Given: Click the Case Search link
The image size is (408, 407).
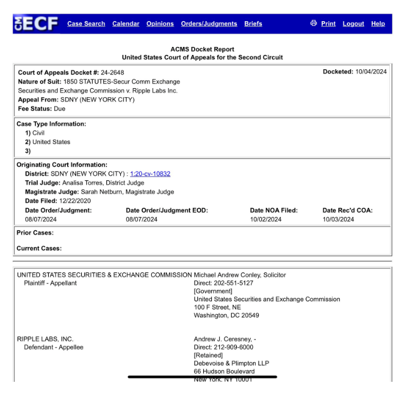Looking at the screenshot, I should pyautogui.click(x=86, y=24).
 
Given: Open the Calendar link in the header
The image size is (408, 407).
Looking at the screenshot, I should pyautogui.click(x=125, y=24).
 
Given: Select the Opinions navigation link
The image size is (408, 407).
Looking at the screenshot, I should pyautogui.click(x=160, y=24).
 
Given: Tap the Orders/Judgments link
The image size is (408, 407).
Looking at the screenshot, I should pyautogui.click(x=209, y=24).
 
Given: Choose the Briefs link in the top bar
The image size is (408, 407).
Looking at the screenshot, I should pyautogui.click(x=253, y=24).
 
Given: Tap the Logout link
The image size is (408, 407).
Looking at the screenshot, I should pyautogui.click(x=353, y=24).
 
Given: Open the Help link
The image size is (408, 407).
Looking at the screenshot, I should pyautogui.click(x=378, y=24).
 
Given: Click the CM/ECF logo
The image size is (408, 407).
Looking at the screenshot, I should pyautogui.click(x=36, y=24).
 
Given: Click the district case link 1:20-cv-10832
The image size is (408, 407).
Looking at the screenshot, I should pyautogui.click(x=150, y=173).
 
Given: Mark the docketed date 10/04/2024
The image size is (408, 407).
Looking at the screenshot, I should pyautogui.click(x=371, y=72).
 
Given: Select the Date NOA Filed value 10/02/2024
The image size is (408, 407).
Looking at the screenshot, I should pyautogui.click(x=266, y=219).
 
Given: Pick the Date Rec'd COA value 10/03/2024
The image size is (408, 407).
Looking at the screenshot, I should pyautogui.click(x=338, y=219).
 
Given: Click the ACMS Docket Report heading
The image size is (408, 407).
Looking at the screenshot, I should pyautogui.click(x=202, y=49).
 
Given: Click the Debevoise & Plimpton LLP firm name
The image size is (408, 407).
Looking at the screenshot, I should pyautogui.click(x=231, y=363).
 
